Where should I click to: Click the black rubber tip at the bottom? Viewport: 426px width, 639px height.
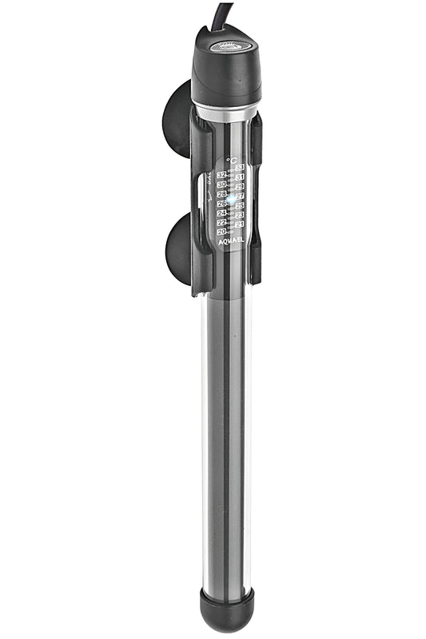pos(227,610)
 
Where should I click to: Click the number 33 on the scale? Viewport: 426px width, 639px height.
pos(239,167)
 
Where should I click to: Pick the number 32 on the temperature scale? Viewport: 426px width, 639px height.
pos(221,174)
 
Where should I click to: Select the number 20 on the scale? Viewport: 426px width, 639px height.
pos(221,232)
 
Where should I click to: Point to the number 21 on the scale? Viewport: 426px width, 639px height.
pos(239,224)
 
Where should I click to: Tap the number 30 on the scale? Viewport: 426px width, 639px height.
pos(221,185)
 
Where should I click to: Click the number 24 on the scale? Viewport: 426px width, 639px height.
pos(221,212)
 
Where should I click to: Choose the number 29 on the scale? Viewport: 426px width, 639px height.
pos(239,186)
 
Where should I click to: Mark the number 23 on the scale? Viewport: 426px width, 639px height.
pos(239,215)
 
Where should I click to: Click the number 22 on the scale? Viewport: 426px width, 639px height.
pos(221,222)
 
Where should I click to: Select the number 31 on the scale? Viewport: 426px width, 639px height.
pos(239,177)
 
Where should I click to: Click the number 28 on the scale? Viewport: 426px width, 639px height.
pos(221,194)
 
